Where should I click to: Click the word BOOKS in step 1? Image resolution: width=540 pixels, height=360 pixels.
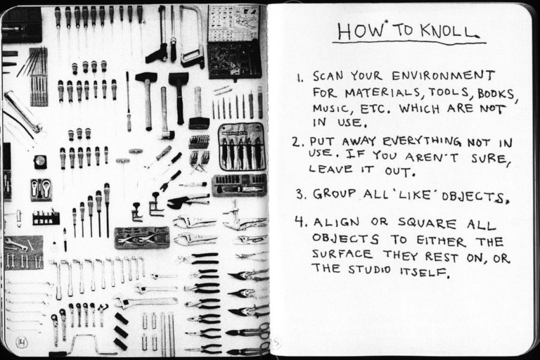tap(496, 94)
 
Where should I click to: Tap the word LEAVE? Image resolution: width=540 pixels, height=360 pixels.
tap(329, 169)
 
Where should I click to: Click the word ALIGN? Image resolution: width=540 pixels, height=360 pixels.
tap(335, 223)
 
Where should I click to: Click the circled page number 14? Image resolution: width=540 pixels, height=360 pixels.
tap(21, 342)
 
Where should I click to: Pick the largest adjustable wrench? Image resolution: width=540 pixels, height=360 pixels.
tap(144, 302)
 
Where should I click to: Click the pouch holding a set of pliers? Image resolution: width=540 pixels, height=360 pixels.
tap(241, 146)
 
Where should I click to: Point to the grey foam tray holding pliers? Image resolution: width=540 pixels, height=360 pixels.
tap(142, 238)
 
